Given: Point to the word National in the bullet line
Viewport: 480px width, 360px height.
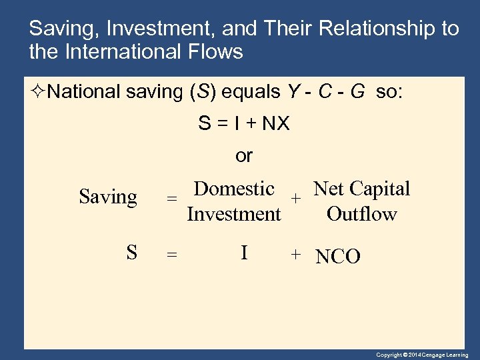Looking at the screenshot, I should [85, 91].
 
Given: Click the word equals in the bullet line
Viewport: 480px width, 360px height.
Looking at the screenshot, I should [251, 91].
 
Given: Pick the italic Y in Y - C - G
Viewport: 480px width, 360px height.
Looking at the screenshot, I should [293, 91].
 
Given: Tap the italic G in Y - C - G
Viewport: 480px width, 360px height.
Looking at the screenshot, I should [357, 91].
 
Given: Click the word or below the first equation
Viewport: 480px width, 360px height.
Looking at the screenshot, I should [244, 156].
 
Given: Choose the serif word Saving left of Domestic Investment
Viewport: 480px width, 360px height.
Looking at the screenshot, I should [108, 197].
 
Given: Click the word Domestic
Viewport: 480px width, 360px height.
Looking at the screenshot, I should [234, 189].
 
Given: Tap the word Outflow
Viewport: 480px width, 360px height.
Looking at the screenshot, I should [361, 214].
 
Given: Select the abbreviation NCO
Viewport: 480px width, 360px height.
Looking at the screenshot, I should [338, 257].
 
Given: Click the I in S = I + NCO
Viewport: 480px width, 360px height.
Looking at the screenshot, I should [244, 253].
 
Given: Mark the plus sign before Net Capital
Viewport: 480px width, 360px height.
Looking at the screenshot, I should [297, 198].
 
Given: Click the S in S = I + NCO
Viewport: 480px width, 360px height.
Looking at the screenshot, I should [132, 253].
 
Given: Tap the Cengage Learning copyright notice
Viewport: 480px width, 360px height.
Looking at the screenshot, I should [422, 355].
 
